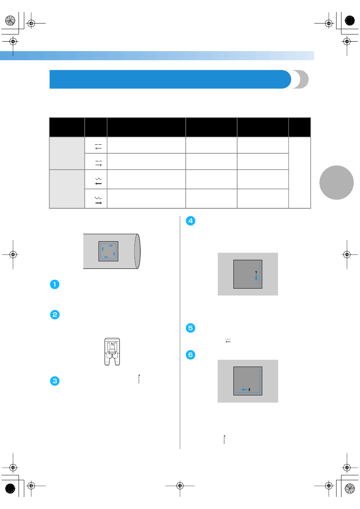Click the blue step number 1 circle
[55, 284]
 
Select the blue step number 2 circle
[55, 315]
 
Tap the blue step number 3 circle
[55, 381]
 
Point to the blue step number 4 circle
[191, 221]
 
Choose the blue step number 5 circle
[191, 328]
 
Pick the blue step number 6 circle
[191, 355]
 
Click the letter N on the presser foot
[112, 344]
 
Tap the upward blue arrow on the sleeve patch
[103, 249]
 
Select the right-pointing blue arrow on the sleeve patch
[111, 246]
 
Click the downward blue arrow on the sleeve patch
[114, 254]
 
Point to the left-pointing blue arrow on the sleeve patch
[106, 257]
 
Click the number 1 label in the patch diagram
[256, 272]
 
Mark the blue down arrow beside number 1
[256, 278]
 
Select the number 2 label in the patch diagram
[249, 390]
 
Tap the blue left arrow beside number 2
[244, 390]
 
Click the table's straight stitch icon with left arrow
[98, 147]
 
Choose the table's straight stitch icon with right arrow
[99, 163]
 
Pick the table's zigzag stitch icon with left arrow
[99, 181]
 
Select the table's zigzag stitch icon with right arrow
[98, 201]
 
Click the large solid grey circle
[337, 183]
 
